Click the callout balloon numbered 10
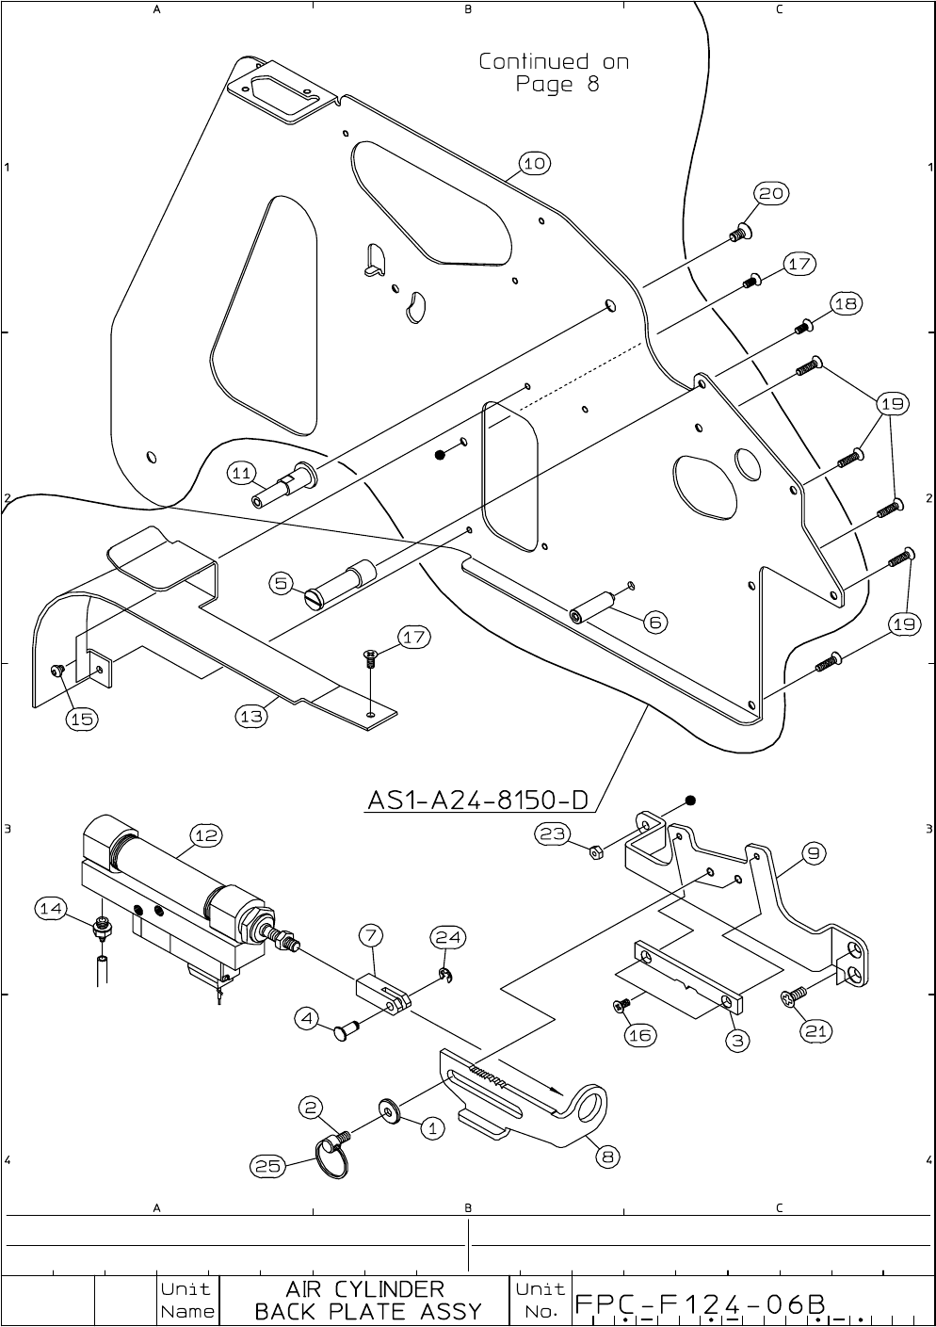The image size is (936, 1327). coord(534,164)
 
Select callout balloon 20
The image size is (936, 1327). coord(771,193)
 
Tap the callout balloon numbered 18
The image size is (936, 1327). coord(846,303)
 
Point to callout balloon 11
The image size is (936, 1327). coord(242,474)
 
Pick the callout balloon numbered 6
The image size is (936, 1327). coord(656,622)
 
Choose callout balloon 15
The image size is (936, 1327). coord(82,719)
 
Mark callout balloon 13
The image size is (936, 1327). coord(250,717)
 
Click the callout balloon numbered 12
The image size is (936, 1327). coord(206,834)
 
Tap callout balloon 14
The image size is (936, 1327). coord(51,908)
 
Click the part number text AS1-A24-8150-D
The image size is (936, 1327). coord(477,801)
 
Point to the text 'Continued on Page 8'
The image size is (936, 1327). coord(554,73)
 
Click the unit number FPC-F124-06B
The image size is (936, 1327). coord(701,1303)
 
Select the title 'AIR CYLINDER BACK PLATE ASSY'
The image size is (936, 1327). coord(367,1300)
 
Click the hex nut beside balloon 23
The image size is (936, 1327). coord(596,852)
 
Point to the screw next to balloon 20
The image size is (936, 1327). coord(739,231)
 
